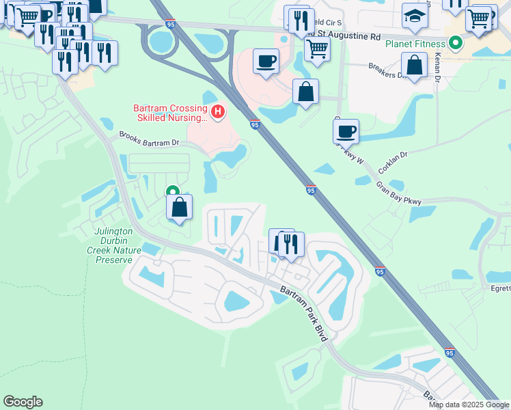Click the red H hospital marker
tap(218, 111)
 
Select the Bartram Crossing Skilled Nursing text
tap(171, 113)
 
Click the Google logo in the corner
tap(23, 402)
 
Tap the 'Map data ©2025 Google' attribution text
tap(468, 405)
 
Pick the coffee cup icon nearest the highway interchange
tap(266, 61)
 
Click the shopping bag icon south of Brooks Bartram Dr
tap(179, 207)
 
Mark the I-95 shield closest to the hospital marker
tap(255, 125)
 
